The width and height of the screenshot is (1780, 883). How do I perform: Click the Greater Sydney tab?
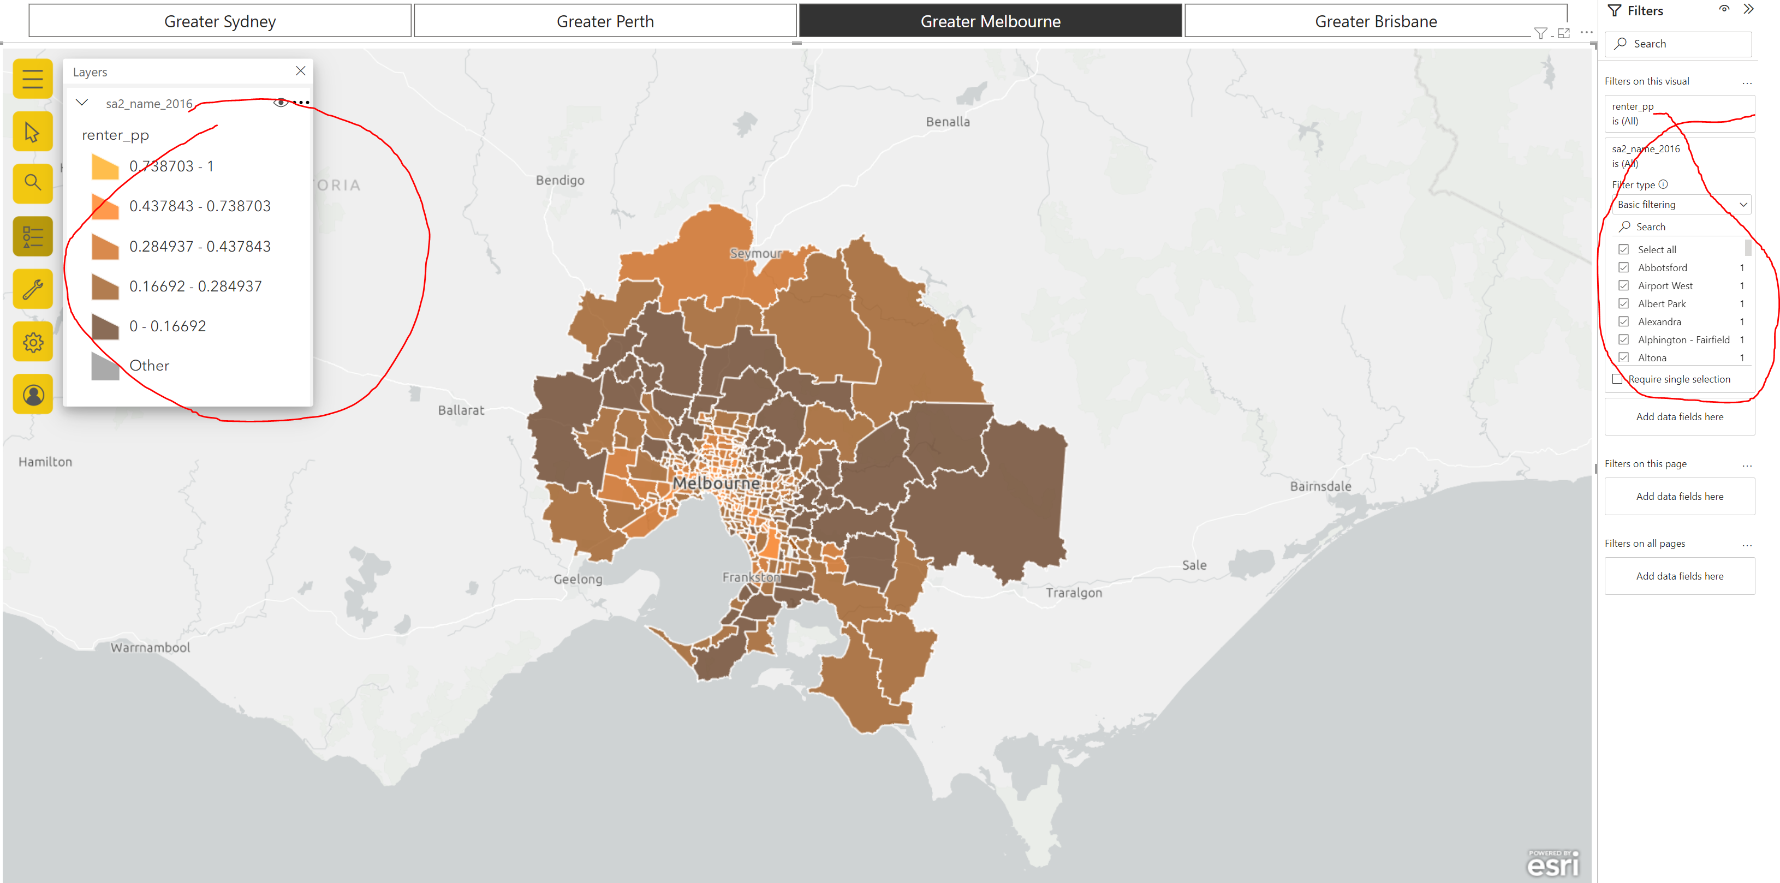click(220, 21)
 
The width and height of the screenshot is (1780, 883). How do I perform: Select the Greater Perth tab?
click(605, 21)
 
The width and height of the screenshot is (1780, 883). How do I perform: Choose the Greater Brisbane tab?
click(1375, 21)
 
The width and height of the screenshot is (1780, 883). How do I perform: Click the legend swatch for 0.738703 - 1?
click(105, 167)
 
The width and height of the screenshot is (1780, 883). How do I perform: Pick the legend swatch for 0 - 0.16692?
click(105, 327)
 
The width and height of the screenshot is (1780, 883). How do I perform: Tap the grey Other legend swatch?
click(105, 366)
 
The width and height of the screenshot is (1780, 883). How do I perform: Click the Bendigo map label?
click(559, 180)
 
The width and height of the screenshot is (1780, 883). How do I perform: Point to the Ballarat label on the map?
click(461, 410)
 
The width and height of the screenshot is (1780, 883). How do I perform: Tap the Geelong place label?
click(578, 580)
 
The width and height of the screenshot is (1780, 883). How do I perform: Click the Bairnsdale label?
click(1320, 486)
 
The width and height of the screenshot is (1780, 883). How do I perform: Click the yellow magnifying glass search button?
click(32, 183)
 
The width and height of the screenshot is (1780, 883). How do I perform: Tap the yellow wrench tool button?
click(32, 289)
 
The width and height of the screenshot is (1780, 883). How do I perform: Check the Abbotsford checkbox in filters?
click(1623, 268)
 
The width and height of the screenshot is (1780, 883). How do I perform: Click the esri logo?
click(1553, 863)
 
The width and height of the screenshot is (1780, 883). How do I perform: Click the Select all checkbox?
click(1623, 250)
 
